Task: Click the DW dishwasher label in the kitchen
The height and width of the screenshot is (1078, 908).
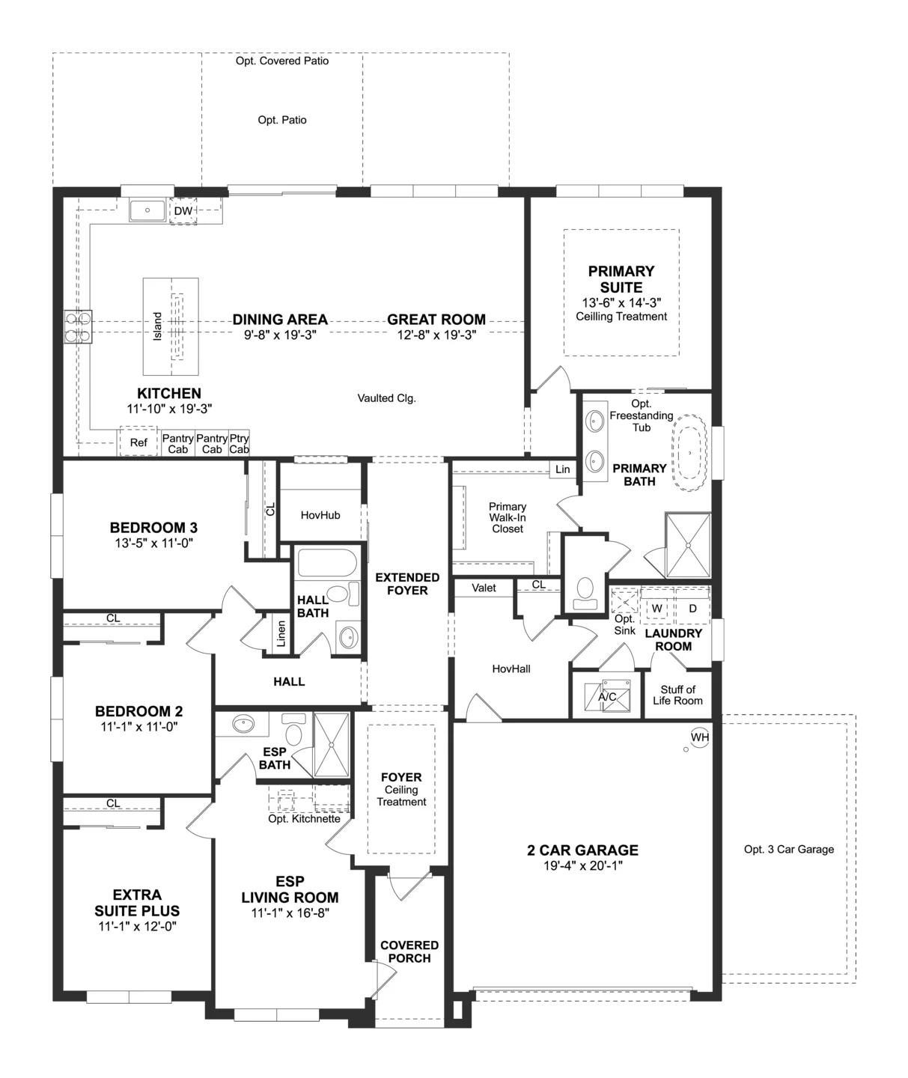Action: coord(183,210)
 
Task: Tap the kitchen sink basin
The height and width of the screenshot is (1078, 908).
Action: coord(147,210)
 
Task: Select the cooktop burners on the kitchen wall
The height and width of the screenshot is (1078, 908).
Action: coord(78,326)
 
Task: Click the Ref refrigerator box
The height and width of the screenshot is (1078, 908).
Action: coord(138,442)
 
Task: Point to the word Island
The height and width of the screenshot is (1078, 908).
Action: coord(157,326)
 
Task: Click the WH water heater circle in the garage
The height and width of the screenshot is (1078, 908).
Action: coord(699,737)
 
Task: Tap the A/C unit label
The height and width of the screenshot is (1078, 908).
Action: coord(607,697)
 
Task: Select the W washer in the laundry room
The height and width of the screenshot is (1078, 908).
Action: coord(656,608)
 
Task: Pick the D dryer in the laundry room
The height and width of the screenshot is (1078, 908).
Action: coord(692,608)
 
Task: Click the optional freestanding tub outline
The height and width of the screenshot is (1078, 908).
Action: coord(689,453)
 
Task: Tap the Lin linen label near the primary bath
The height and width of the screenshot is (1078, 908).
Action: coord(563,469)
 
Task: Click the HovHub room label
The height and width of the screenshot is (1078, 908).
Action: coord(320,515)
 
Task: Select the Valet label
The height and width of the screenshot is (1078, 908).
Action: coord(484,588)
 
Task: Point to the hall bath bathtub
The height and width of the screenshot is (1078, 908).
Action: coord(327,562)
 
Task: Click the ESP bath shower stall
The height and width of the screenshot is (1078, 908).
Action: coord(332,744)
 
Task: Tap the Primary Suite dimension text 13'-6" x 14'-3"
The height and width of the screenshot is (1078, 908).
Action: coord(621,302)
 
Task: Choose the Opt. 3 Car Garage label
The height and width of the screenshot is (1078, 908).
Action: coord(789,849)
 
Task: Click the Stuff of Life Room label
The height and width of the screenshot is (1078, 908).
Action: coord(677,695)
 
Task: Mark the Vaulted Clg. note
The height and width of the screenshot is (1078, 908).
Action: coord(387,398)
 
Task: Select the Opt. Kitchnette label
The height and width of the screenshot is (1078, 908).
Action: coord(304,819)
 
